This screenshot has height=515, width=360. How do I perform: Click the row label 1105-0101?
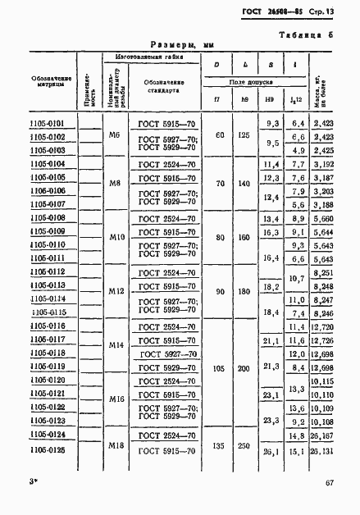pyautogui.click(x=50, y=124)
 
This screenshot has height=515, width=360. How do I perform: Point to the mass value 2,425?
pyautogui.click(x=323, y=151)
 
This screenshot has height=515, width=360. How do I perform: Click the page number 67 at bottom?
pyautogui.click(x=328, y=485)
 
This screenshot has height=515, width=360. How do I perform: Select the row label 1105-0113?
pyautogui.click(x=50, y=285)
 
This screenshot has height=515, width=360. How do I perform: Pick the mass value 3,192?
pyautogui.click(x=322, y=165)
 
